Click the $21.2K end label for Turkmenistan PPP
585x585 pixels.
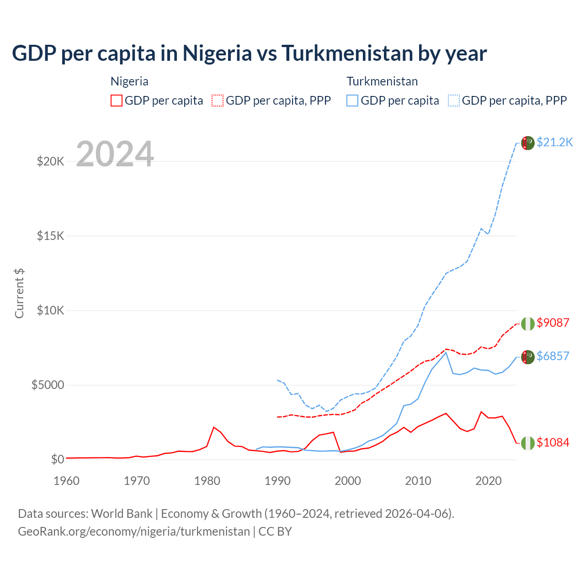(x=554, y=142)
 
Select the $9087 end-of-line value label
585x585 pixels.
(x=553, y=323)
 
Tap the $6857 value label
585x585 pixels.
(x=553, y=356)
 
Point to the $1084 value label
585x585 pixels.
(x=553, y=442)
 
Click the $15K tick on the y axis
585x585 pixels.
(x=50, y=236)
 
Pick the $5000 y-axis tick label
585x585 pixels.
(x=48, y=385)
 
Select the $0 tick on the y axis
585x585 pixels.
(x=57, y=459)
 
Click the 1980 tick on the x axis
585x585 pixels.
(x=207, y=481)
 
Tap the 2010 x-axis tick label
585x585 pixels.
(x=418, y=481)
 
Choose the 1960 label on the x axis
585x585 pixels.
(x=66, y=481)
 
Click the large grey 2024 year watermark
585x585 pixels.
(x=115, y=154)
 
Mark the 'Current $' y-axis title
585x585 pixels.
(x=19, y=293)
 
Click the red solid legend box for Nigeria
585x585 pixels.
(x=117, y=101)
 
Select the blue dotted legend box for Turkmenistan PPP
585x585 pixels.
(x=454, y=101)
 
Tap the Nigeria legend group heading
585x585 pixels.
(x=129, y=81)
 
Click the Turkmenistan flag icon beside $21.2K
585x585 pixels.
(x=528, y=143)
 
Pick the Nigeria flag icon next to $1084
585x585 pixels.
(x=528, y=443)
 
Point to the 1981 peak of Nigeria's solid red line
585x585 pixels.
(x=214, y=427)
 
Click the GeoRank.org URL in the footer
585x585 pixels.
(x=134, y=532)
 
